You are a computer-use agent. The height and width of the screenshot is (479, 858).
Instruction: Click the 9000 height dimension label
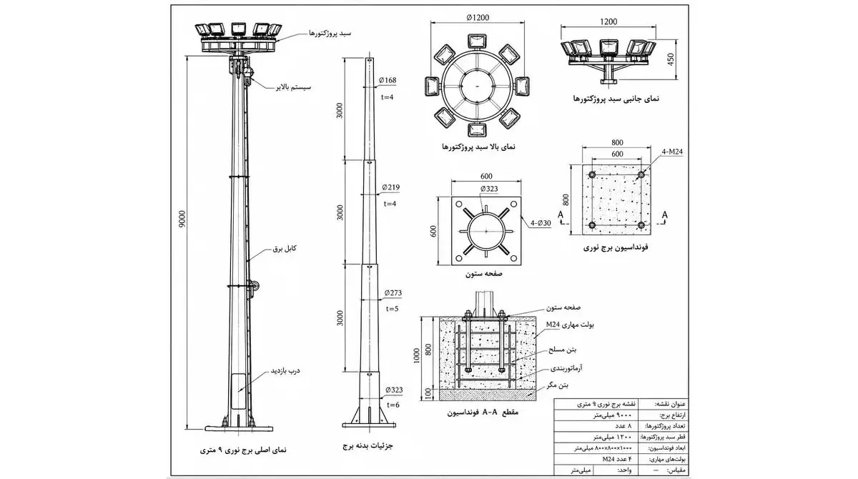point(182,219)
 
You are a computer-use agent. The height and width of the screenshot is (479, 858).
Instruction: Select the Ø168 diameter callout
point(388,80)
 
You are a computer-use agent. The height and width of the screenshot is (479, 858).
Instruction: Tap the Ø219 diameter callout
point(390,187)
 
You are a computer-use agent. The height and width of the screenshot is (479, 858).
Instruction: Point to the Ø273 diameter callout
point(393,293)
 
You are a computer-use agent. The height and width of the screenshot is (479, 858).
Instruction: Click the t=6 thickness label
point(393,405)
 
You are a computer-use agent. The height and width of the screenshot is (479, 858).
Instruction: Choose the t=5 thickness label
point(393,309)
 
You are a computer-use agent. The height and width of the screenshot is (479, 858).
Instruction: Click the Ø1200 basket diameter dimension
point(478,18)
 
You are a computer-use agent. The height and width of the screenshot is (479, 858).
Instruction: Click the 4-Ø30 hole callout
point(541,223)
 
